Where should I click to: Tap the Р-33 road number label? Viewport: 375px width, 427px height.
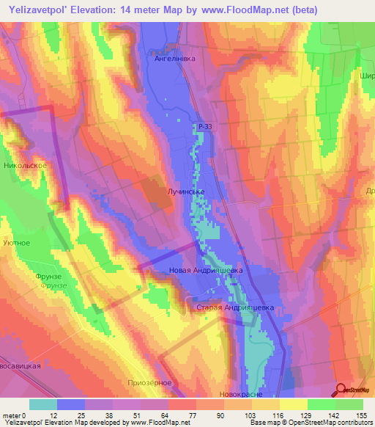pos(205,128)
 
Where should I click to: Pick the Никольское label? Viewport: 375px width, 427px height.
pos(25,166)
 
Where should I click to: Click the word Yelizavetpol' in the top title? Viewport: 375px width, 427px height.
pos(36,10)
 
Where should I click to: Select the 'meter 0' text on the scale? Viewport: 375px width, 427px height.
pos(17,416)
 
